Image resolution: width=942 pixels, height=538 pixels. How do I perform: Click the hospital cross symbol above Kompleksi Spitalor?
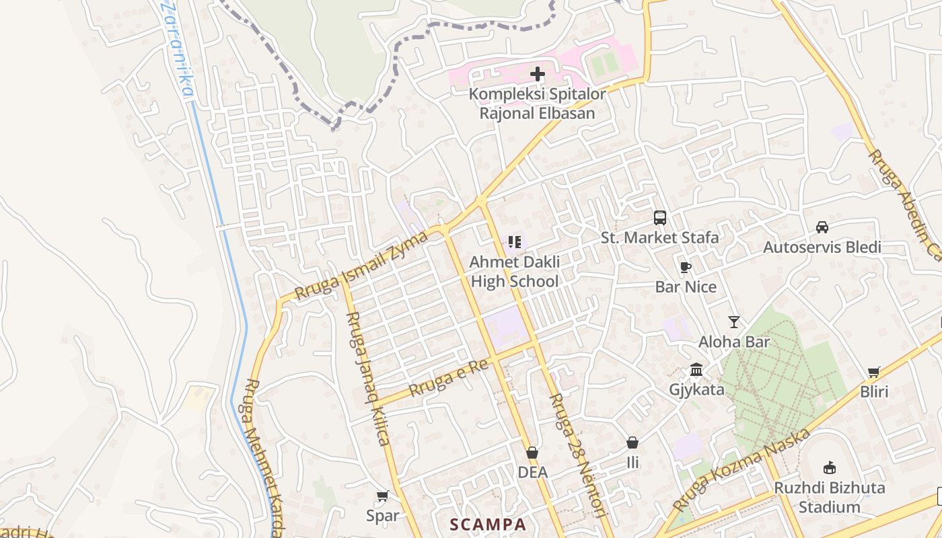pos(538,74)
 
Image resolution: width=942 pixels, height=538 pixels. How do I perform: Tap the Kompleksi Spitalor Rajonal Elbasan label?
pos(537,104)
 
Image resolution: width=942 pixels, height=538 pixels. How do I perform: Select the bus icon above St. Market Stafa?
pos(660,218)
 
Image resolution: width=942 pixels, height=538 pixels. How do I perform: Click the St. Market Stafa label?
pos(659,237)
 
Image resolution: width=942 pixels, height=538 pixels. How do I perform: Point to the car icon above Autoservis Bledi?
pos(822,227)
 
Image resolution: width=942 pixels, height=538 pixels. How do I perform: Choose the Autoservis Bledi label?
pos(822,247)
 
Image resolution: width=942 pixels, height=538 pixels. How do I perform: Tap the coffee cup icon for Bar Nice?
pos(685,268)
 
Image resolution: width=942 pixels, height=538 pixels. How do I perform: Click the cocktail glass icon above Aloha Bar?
pos(733,322)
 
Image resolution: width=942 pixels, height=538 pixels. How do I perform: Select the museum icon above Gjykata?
pos(696,370)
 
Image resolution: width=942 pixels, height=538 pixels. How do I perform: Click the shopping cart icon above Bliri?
pos(873,372)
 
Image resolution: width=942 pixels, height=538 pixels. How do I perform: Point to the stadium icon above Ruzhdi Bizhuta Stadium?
pos(829,468)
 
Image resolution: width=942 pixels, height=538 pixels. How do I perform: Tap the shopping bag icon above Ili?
pos(632,443)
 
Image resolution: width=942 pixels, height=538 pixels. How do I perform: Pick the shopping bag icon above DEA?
pos(532,453)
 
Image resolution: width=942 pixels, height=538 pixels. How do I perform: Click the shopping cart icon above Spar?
pos(382,496)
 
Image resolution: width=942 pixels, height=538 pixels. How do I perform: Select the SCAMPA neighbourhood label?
pos(488,524)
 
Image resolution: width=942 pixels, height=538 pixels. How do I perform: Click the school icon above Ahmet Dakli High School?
pos(515,241)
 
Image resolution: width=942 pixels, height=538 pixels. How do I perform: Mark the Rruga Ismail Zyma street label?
pos(362,266)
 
